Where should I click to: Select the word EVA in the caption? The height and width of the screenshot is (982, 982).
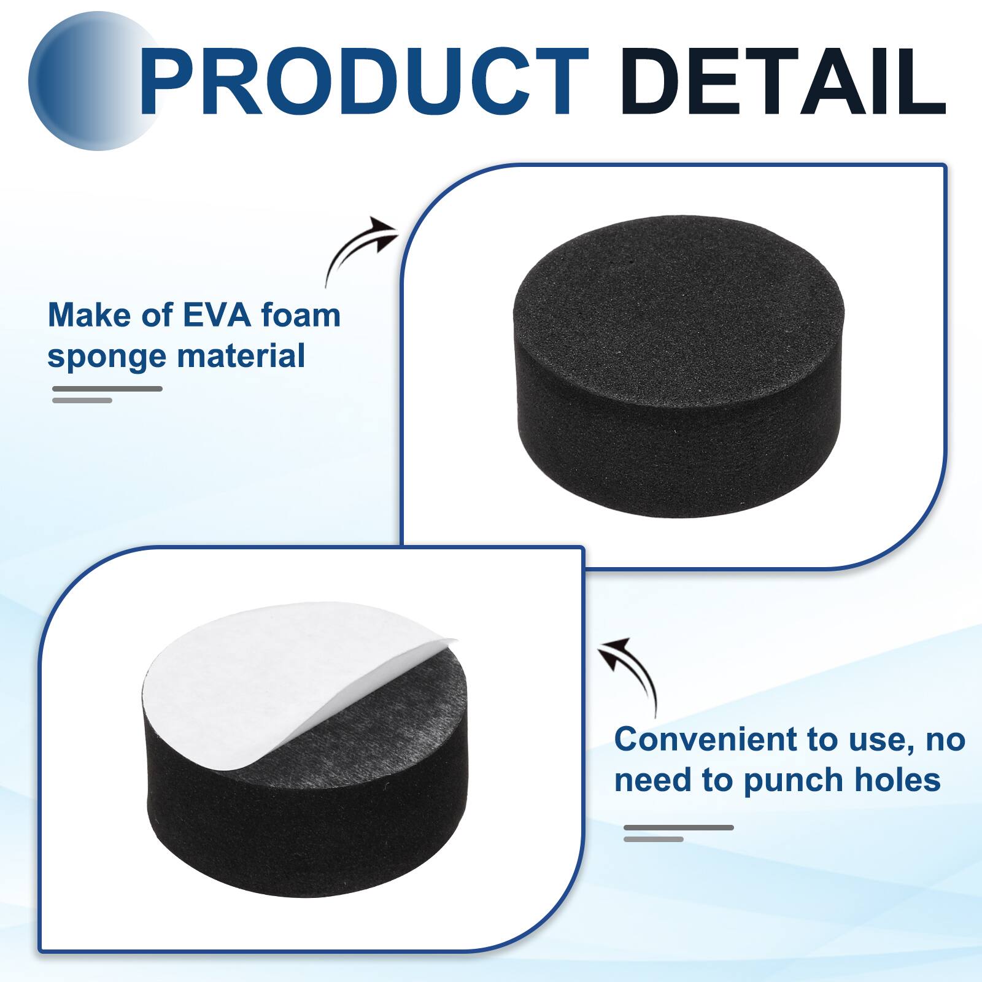[x=217, y=315]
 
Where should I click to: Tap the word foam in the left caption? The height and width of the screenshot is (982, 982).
[x=301, y=315]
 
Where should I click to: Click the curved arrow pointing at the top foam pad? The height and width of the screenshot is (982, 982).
[x=359, y=249]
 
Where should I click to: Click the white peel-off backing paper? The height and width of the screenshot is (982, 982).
[x=258, y=663]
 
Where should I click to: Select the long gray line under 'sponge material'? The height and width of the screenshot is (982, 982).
[x=107, y=389]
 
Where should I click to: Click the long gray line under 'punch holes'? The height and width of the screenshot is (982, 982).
[x=679, y=827]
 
